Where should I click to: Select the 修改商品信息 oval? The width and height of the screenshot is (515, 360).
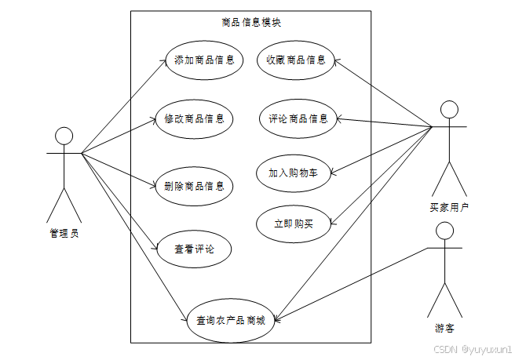pos(194,119)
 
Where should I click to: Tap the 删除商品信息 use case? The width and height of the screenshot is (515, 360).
pos(194,186)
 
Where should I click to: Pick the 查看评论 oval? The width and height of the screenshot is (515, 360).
pos(194,249)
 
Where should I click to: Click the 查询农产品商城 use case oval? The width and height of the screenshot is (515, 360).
pos(231,320)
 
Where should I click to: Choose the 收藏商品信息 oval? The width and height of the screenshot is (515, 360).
pos(295,60)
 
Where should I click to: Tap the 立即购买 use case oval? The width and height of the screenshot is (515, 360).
pos(293,224)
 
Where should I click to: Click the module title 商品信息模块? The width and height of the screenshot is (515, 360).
pos(251,23)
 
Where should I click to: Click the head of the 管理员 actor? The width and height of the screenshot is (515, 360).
pos(64,136)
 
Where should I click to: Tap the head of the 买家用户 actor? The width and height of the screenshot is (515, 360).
pos(448,108)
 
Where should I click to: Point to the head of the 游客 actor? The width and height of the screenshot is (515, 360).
pos(445,231)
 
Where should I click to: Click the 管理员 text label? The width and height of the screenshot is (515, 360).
pos(64,232)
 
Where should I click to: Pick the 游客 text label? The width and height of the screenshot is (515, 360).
pos(445,329)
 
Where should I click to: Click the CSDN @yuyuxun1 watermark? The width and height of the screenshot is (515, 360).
pos(473,347)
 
